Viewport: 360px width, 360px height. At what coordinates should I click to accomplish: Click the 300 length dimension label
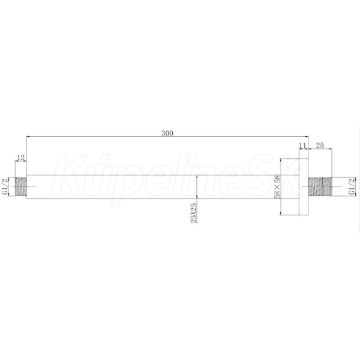coord(167,133)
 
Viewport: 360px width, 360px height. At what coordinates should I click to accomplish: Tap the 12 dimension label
coord(20,158)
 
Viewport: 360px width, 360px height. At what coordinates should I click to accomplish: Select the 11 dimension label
coord(302,146)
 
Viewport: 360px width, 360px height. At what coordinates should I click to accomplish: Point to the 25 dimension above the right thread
coord(320,145)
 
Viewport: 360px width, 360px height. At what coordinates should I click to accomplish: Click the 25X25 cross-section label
coord(194,213)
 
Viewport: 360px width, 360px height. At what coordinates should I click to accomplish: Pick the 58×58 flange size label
coord(277,187)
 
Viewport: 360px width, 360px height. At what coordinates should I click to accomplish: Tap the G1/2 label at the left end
coord(5,186)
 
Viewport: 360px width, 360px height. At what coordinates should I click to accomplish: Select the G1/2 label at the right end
coord(352,187)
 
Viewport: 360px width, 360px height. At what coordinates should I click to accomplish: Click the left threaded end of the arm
coord(21,187)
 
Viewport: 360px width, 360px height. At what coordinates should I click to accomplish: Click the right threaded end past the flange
coord(320,187)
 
